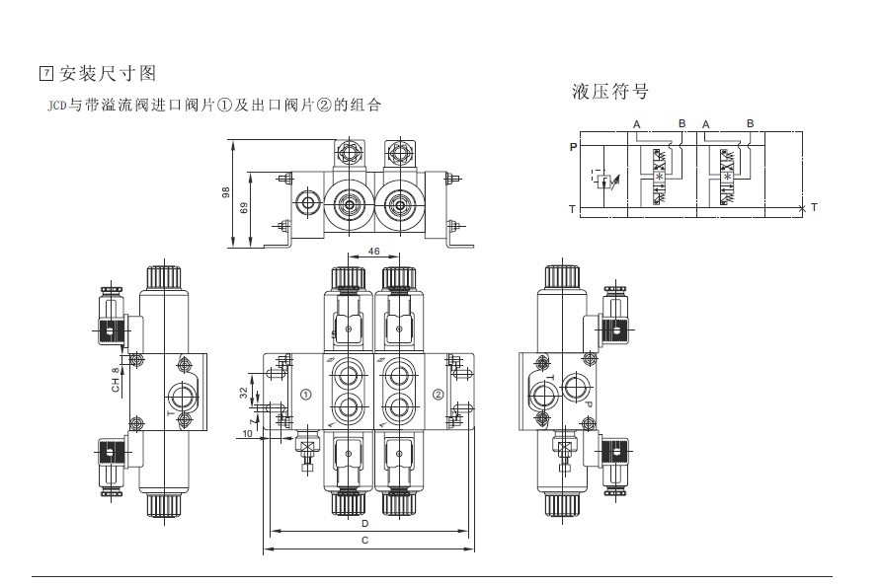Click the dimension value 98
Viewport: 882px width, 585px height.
(226, 193)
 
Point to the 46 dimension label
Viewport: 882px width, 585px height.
(374, 253)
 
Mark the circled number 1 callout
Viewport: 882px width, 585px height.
(305, 395)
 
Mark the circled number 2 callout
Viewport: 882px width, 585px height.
(439, 395)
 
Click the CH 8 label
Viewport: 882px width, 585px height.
(115, 379)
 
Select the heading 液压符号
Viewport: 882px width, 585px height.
(609, 92)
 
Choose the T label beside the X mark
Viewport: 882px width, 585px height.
(814, 207)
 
